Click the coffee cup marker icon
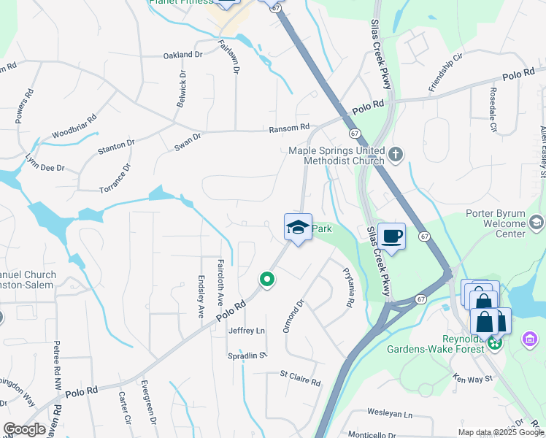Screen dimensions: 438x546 391,237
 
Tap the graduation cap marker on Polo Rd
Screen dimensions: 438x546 298,227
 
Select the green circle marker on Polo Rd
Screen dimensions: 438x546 267,279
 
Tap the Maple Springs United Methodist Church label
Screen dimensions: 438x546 337,155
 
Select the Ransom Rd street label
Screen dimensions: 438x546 289,128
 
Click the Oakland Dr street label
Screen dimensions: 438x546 182,55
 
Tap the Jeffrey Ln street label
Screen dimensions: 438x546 247,331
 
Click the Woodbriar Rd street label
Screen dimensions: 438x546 74,127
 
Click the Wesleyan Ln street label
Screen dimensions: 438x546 390,413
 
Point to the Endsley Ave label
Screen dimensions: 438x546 201,296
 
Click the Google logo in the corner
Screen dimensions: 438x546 24,429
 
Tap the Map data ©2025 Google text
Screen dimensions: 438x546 501,432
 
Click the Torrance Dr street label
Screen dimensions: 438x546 115,178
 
